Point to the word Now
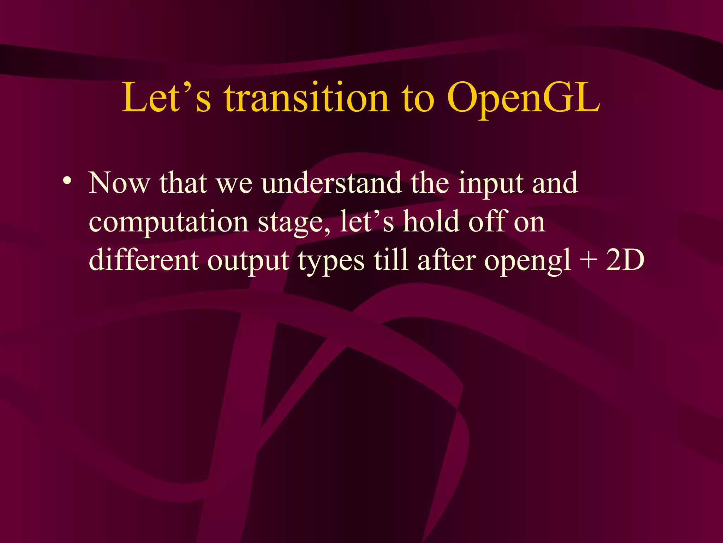click(x=119, y=183)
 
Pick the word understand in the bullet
click(x=331, y=183)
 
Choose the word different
click(x=143, y=260)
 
